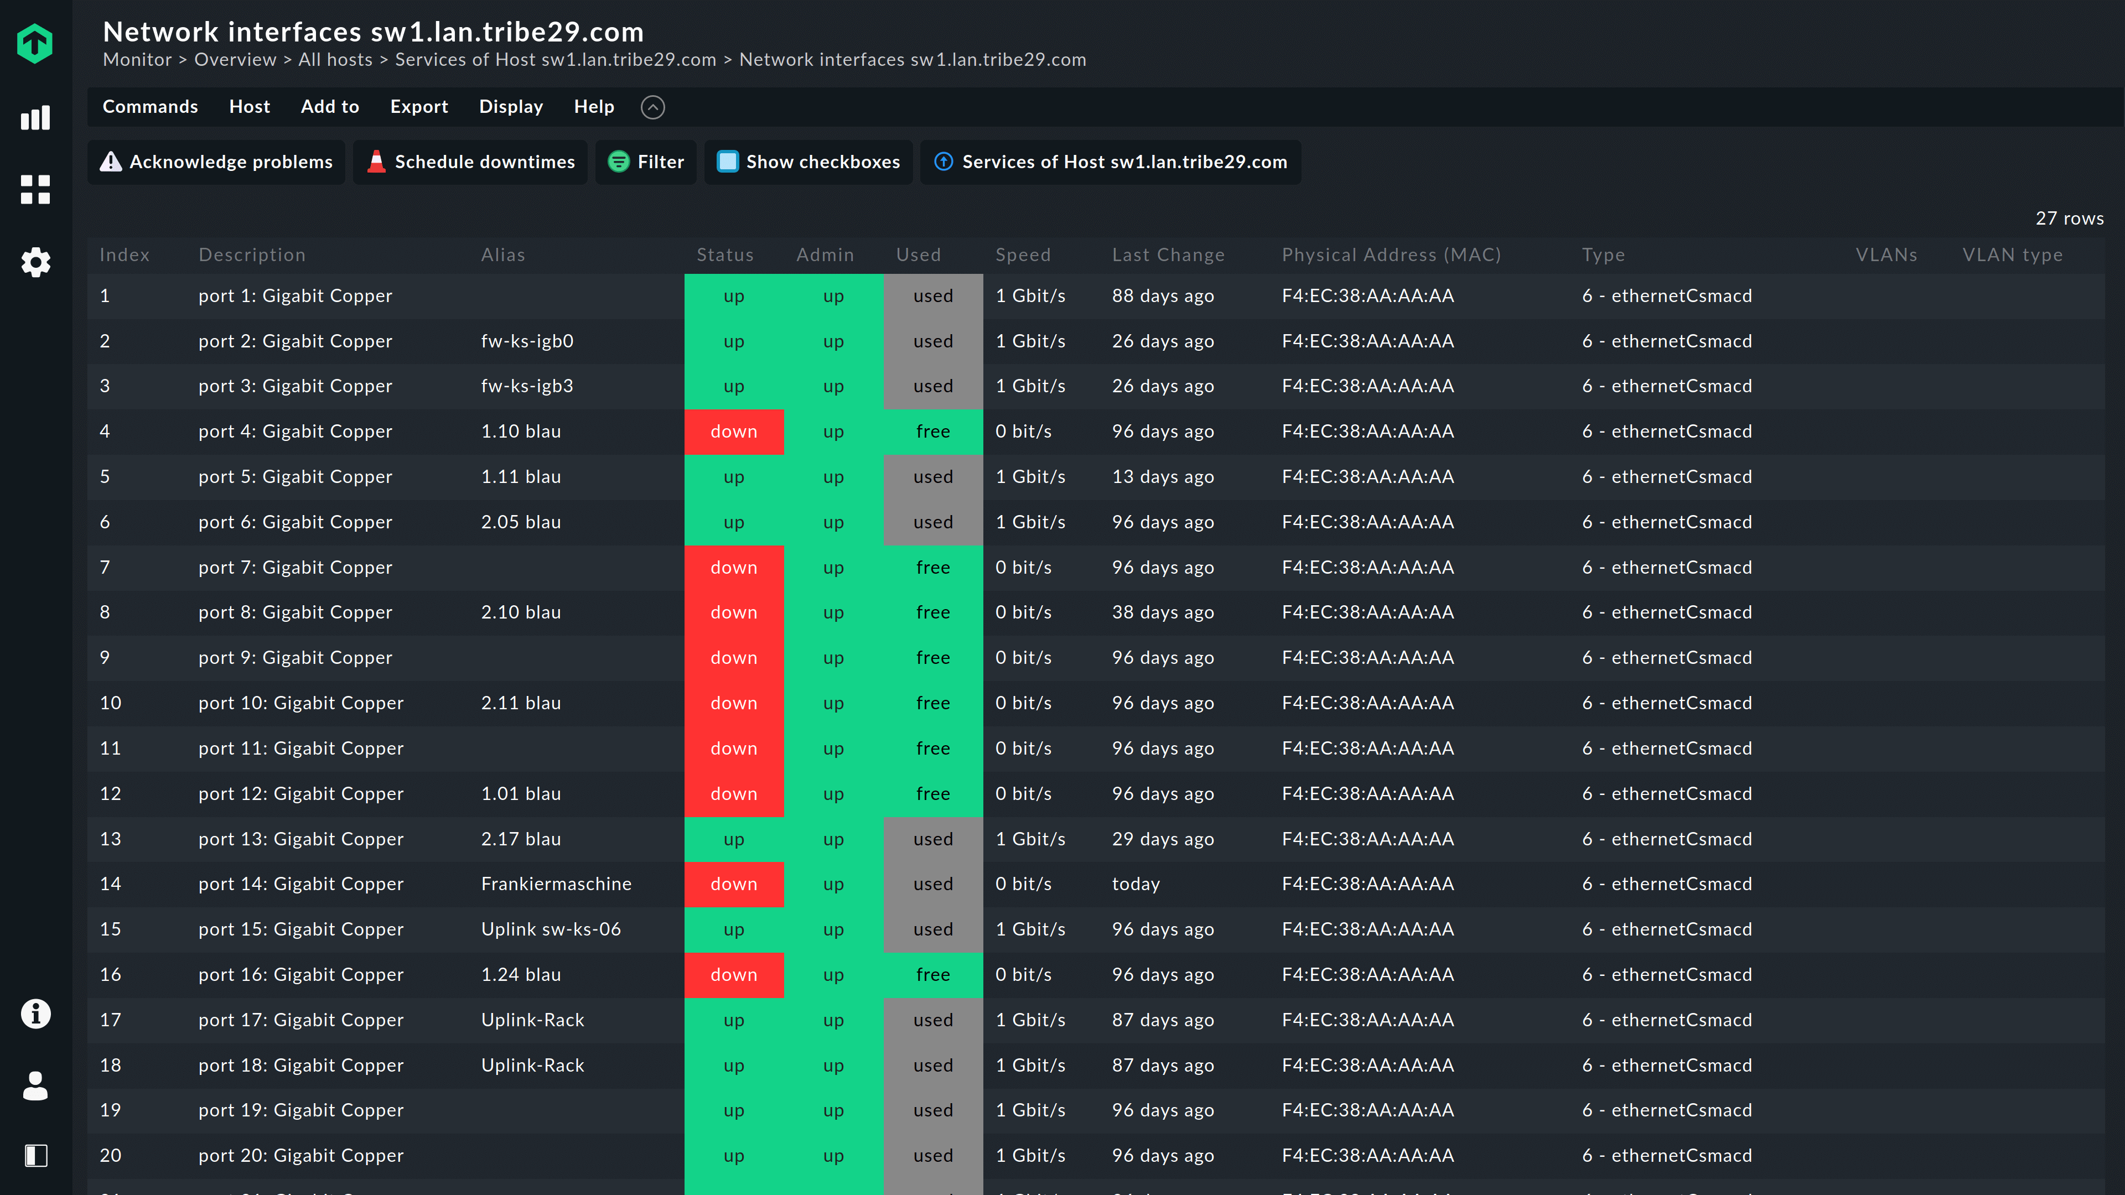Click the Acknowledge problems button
pyautogui.click(x=216, y=162)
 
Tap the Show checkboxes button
pyautogui.click(x=808, y=162)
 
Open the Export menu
pyautogui.click(x=419, y=106)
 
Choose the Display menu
pyautogui.click(x=511, y=106)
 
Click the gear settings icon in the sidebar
pyautogui.click(x=35, y=262)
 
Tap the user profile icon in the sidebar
pyautogui.click(x=35, y=1085)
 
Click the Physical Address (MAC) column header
pyautogui.click(x=1391, y=255)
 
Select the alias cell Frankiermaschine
pyautogui.click(x=556, y=884)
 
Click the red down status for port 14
pyautogui.click(x=733, y=884)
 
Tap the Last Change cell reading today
pyautogui.click(x=1136, y=884)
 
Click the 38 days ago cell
pyautogui.click(x=1162, y=612)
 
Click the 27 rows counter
pyautogui.click(x=2069, y=219)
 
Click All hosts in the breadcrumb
pyautogui.click(x=335, y=59)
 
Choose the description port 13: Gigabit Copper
pyautogui.click(x=301, y=839)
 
